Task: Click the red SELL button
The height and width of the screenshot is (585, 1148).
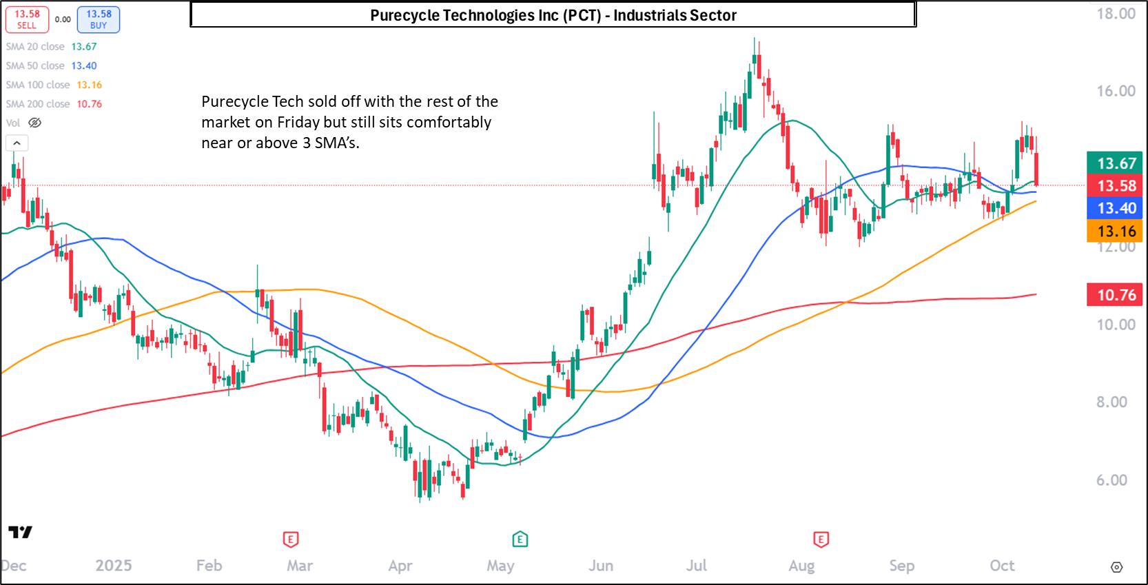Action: point(27,19)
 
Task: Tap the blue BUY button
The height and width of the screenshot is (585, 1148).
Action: point(99,19)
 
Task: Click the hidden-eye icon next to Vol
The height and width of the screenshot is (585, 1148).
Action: point(34,123)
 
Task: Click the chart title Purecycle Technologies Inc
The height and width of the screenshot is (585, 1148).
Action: point(553,15)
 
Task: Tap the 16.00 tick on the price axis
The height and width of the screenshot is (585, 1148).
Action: point(1116,91)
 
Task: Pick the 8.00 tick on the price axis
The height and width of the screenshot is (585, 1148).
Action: point(1111,402)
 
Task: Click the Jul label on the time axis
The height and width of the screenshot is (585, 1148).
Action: point(697,566)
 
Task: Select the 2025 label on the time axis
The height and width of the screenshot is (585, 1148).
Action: point(114,566)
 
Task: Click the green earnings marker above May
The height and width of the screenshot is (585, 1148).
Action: point(520,539)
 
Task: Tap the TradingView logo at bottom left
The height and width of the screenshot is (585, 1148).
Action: point(20,532)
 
